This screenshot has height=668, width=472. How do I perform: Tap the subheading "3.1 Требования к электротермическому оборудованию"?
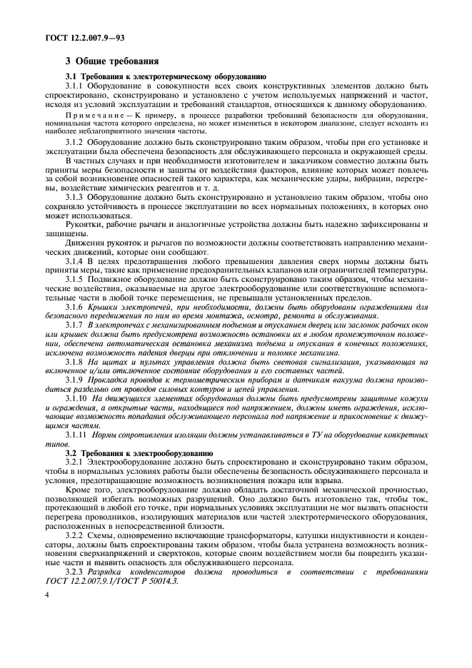coord(166,76)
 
